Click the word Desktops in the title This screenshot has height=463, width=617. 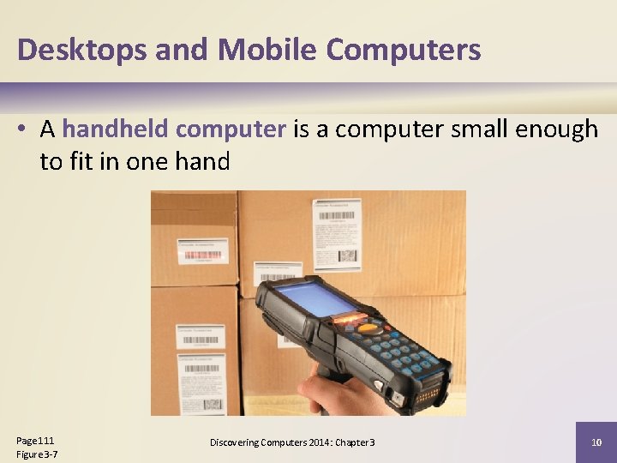click(82, 50)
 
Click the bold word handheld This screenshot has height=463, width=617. click(117, 129)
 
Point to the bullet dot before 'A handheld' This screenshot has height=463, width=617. click(26, 130)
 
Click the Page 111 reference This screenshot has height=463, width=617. click(35, 440)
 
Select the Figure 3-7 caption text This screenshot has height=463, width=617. click(37, 454)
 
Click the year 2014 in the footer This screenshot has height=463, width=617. click(302, 442)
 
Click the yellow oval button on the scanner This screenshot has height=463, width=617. click(369, 328)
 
